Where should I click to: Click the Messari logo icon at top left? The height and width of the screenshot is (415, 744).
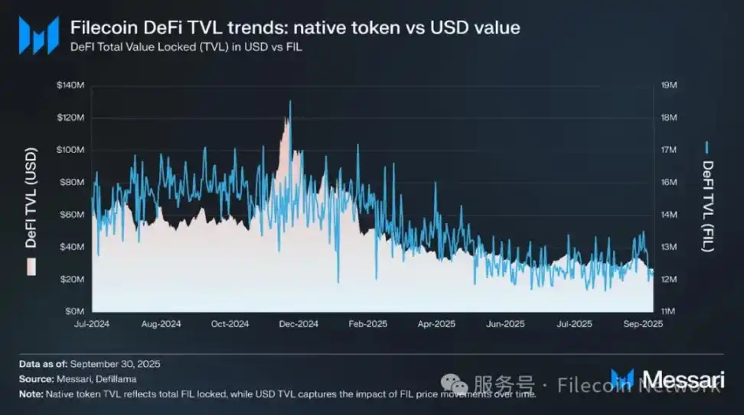pyautogui.click(x=39, y=34)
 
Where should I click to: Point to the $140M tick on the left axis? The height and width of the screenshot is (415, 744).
pyautogui.click(x=70, y=85)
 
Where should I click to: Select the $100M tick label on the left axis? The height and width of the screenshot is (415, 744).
pyautogui.click(x=70, y=150)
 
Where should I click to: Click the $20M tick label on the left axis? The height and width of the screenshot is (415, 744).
pyautogui.click(x=72, y=279)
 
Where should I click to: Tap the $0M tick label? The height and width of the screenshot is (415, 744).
pyautogui.click(x=74, y=312)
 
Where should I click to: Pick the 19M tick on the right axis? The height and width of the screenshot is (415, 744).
pyautogui.click(x=668, y=85)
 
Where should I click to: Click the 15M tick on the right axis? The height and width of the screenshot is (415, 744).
pyautogui.click(x=668, y=215)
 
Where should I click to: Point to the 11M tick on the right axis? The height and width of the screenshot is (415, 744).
pyautogui.click(x=668, y=312)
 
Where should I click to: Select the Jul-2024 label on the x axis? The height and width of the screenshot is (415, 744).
pyautogui.click(x=93, y=324)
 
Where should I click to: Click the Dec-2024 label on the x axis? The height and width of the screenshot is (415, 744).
pyautogui.click(x=299, y=324)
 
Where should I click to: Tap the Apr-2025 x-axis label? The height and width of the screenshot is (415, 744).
pyautogui.click(x=437, y=324)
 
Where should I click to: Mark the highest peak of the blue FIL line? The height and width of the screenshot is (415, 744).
pyautogui.click(x=289, y=101)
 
